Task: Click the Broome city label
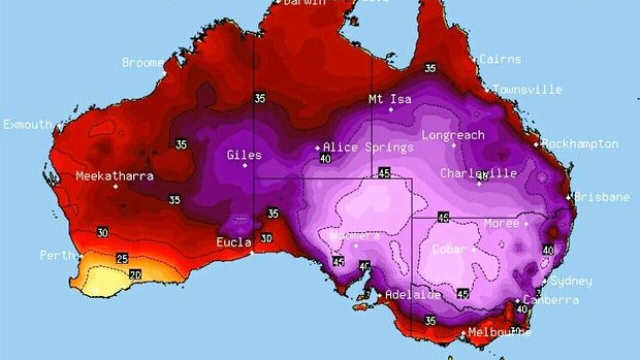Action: (x=142, y=63)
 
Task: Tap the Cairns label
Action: (x=500, y=59)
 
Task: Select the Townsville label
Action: (x=527, y=89)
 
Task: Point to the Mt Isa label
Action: (x=390, y=99)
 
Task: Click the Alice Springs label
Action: (x=368, y=147)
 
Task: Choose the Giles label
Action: (x=244, y=155)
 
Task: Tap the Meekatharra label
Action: (x=114, y=176)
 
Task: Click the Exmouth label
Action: (x=27, y=124)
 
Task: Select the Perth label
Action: (x=57, y=255)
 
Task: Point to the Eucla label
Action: (x=233, y=242)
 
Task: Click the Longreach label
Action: (x=453, y=135)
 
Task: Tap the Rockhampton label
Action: (x=580, y=144)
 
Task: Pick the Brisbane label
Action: (x=601, y=197)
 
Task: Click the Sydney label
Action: (x=571, y=281)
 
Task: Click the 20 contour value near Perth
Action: (x=135, y=274)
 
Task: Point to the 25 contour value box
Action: (x=122, y=258)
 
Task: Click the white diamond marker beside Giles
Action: (x=245, y=165)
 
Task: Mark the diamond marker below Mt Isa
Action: (x=391, y=109)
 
